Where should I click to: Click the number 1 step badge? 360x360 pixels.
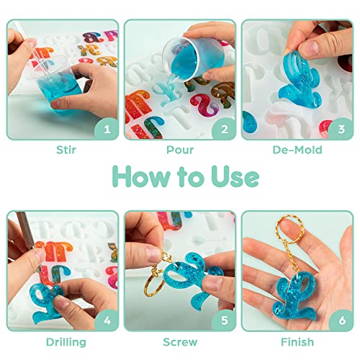[x=107, y=130]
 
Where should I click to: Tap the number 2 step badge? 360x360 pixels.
[x=224, y=130]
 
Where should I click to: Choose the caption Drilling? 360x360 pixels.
[x=66, y=342]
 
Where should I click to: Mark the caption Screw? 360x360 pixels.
[x=179, y=342]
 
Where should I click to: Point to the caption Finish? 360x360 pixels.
[x=296, y=342]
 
